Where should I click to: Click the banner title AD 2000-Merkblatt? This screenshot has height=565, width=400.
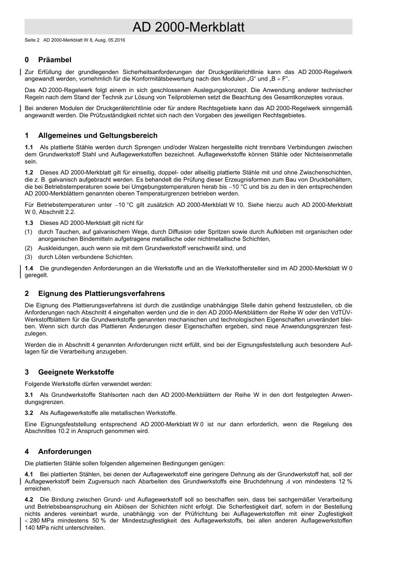coord(188,27)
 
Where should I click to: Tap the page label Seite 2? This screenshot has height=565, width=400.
coord(32,40)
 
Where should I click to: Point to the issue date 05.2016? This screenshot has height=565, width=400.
coord(117,40)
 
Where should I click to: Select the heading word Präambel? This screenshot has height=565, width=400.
coord(55,60)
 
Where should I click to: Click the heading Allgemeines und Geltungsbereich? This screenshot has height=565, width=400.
coord(98,135)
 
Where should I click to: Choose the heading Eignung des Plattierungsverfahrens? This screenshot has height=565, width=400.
coord(101,293)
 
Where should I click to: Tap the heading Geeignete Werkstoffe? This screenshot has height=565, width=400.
coord(76,372)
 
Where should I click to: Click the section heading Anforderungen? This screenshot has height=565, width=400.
coord(64,451)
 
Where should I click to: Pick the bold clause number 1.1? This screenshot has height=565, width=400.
coord(29,147)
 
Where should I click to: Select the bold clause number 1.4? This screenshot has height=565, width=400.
coord(29,268)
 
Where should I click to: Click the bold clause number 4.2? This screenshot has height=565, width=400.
coord(29,499)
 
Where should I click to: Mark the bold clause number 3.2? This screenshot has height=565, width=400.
coord(29,413)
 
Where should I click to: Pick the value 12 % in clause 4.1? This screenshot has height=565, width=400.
coord(345,481)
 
